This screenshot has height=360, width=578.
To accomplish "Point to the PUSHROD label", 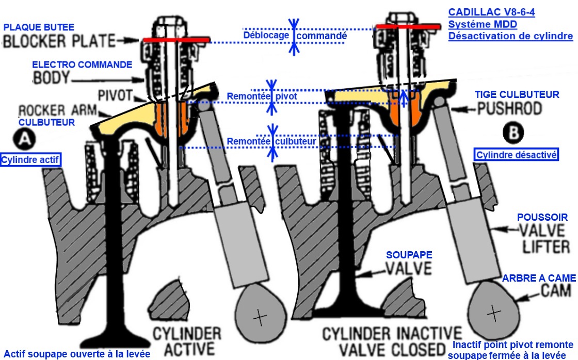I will [x=509, y=109].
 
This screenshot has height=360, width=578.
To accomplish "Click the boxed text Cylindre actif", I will [x=31, y=160].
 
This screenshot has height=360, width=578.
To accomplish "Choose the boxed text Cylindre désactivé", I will [x=517, y=155].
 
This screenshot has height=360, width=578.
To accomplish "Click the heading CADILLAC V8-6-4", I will [x=491, y=12].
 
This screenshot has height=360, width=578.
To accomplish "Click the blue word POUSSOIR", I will [x=543, y=218].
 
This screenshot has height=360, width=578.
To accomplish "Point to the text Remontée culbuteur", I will [x=271, y=140].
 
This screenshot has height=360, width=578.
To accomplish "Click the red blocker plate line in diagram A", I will [x=176, y=40].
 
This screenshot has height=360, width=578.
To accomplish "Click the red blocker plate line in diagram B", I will [x=408, y=26].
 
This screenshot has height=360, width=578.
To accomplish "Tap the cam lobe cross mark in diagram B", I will [x=494, y=312].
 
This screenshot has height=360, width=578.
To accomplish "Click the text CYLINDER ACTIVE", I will [x=187, y=339].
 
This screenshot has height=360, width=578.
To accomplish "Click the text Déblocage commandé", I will [x=294, y=36].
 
